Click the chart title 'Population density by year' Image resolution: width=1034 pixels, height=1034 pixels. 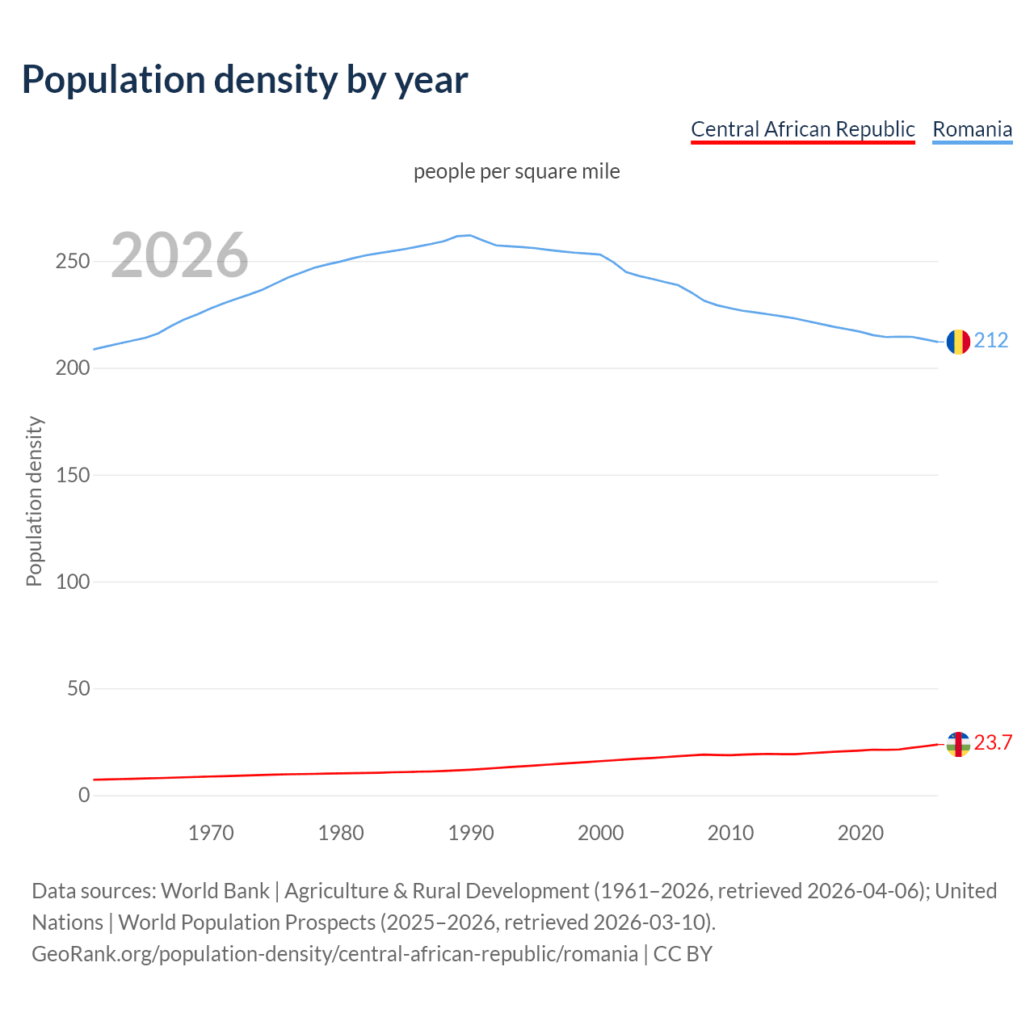(x=245, y=79)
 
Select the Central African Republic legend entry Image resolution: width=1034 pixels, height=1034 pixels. (x=802, y=129)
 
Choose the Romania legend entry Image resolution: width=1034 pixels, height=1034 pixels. (x=972, y=129)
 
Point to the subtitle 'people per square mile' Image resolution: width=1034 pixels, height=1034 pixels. (x=516, y=172)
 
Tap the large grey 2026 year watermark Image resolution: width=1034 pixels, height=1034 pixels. (x=179, y=255)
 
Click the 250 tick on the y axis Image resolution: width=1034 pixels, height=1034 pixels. (x=73, y=262)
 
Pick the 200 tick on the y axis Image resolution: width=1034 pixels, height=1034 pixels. (x=73, y=368)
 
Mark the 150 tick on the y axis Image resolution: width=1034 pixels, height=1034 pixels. (x=73, y=475)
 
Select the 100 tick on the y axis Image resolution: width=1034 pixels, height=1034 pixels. (x=73, y=582)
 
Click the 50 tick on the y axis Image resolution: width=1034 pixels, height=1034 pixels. (x=78, y=689)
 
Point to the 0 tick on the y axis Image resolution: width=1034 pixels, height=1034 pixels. (x=84, y=796)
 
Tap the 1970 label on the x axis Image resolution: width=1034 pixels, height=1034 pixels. (x=211, y=833)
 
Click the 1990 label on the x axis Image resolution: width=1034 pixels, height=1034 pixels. (x=471, y=833)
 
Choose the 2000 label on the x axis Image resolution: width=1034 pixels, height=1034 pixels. (x=601, y=833)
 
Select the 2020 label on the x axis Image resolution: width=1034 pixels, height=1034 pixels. (x=860, y=833)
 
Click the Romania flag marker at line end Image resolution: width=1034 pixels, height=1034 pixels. (x=958, y=342)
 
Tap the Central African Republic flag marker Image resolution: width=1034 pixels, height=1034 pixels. (x=958, y=744)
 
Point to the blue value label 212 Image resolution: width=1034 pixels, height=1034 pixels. (x=991, y=341)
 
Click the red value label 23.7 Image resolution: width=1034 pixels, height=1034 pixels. (x=993, y=743)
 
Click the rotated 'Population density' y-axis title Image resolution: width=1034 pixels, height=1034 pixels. (x=34, y=501)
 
